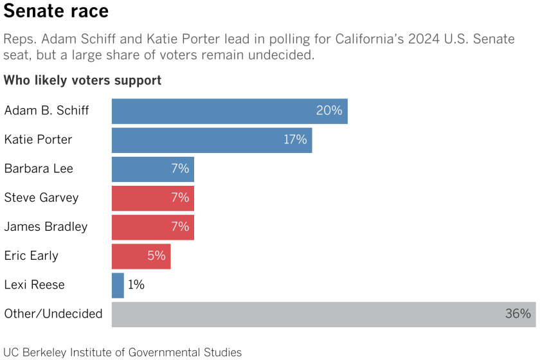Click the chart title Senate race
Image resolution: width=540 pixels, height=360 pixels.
(56, 12)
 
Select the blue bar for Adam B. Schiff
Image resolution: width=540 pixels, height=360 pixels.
(230, 111)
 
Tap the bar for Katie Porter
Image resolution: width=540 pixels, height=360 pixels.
(212, 139)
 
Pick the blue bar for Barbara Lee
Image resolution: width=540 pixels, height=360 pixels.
(152, 169)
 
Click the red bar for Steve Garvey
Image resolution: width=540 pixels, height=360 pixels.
(152, 198)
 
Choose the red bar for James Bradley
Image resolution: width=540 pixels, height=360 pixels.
(152, 227)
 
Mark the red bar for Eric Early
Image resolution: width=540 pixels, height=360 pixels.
(141, 256)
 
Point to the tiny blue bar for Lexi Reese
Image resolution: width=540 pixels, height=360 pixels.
(118, 285)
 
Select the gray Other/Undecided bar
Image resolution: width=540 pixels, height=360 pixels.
(323, 314)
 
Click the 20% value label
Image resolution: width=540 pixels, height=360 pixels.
(328, 111)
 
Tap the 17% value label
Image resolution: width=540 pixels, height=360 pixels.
(294, 139)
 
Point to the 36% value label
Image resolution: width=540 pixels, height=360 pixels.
(517, 314)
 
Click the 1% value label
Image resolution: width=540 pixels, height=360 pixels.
(136, 285)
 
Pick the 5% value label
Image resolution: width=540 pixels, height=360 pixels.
(156, 256)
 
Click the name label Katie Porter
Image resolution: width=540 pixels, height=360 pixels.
(38, 139)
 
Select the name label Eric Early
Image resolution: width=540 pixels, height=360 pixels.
(31, 256)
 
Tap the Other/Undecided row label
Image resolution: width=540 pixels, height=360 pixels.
(53, 314)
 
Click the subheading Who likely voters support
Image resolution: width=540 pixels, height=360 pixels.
(82, 80)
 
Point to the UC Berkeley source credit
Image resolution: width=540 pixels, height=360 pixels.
(123, 352)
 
